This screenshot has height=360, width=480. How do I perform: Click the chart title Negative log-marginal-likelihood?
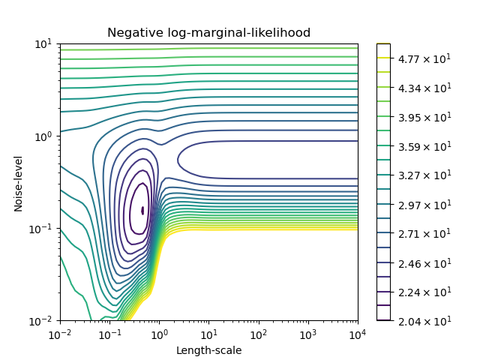(208, 33)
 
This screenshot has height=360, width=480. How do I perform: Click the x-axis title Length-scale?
(208, 350)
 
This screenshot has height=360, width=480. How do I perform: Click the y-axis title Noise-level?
(19, 182)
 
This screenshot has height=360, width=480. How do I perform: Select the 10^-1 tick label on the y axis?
(40, 229)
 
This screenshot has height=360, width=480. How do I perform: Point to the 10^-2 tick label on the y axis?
(40, 321)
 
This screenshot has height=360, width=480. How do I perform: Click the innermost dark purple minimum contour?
(142, 211)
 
